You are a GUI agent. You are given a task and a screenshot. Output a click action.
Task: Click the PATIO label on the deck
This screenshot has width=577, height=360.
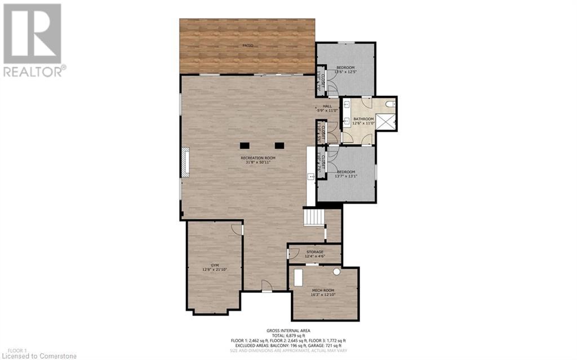[248, 45]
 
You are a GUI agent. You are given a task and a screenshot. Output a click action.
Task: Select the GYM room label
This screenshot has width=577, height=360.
[215, 264]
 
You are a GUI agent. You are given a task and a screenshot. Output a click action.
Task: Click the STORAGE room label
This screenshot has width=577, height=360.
[314, 252]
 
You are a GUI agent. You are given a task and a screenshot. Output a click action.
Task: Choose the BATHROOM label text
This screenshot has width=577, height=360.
[363, 119]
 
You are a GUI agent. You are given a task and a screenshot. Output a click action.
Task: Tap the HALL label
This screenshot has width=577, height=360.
[327, 105]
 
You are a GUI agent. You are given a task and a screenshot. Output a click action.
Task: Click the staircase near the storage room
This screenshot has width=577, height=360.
[314, 217]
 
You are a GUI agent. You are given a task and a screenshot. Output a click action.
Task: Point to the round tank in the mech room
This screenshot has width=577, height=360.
[336, 272]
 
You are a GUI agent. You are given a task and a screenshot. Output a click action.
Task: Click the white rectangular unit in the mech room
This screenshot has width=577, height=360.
[298, 278]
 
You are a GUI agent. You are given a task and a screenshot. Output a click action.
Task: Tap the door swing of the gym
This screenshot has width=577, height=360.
[236, 229]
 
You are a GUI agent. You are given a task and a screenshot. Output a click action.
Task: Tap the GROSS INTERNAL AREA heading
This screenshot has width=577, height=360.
[288, 330]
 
